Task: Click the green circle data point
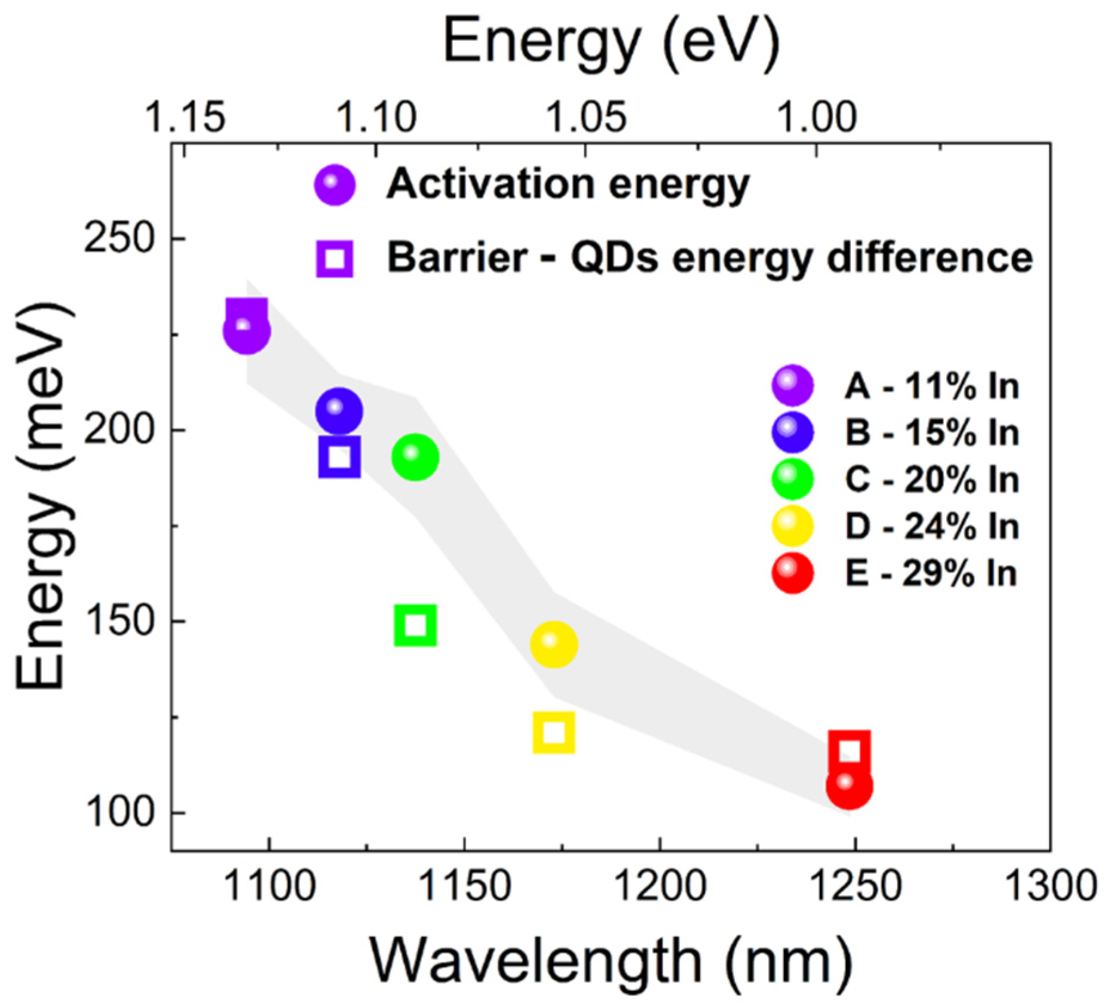click(x=415, y=457)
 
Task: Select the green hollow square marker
click(x=415, y=625)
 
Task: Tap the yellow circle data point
click(x=554, y=644)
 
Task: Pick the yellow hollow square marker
click(x=554, y=732)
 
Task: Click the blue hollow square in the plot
click(x=339, y=457)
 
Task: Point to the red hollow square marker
click(x=849, y=750)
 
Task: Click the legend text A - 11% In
click(x=931, y=386)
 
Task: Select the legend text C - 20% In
click(x=931, y=480)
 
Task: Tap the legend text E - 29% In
click(x=930, y=573)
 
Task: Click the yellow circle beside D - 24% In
click(x=792, y=526)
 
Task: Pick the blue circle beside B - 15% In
click(x=792, y=432)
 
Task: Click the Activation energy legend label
click(x=568, y=184)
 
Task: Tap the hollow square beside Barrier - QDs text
click(x=335, y=259)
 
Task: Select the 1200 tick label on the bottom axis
click(x=660, y=886)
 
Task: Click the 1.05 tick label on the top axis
click(x=586, y=117)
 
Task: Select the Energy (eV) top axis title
click(x=611, y=43)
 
